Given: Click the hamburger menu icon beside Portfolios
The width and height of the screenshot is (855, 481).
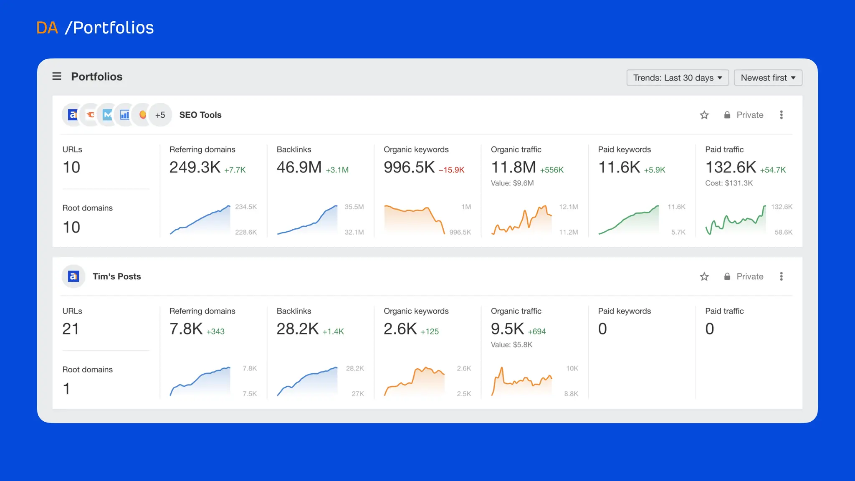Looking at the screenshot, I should [57, 76].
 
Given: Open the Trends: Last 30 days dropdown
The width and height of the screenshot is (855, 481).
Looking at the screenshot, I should [677, 78].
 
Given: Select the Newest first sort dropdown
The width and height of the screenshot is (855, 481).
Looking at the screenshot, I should [768, 78].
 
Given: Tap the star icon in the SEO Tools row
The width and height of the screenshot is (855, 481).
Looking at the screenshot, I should [704, 115].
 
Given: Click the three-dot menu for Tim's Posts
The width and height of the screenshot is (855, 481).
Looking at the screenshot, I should [781, 276].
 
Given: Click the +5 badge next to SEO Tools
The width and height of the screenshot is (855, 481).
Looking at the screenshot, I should [160, 115].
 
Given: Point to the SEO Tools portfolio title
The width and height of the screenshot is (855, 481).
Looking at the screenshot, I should [200, 115].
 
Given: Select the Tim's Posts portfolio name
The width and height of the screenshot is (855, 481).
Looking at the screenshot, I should [116, 276].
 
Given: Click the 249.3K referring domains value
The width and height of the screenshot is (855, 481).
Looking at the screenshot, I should [195, 167].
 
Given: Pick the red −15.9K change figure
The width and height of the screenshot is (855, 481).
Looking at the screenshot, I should [451, 170].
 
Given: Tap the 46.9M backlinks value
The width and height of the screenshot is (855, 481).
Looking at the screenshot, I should [299, 167].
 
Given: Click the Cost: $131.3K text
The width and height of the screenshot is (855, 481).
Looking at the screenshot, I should [729, 183].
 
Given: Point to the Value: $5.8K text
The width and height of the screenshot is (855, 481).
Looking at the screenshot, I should [511, 344].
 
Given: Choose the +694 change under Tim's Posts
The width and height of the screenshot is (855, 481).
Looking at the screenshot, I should [536, 332].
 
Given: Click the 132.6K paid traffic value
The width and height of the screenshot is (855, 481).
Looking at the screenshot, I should [731, 167].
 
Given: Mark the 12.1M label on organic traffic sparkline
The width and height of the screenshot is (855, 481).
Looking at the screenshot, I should [568, 207].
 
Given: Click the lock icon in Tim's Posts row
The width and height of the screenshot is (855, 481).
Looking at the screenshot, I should [727, 276].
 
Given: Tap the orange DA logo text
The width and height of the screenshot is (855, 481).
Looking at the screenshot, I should [47, 28].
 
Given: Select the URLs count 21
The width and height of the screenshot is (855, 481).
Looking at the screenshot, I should [71, 329].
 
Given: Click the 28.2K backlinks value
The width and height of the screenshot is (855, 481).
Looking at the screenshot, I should [297, 329].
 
